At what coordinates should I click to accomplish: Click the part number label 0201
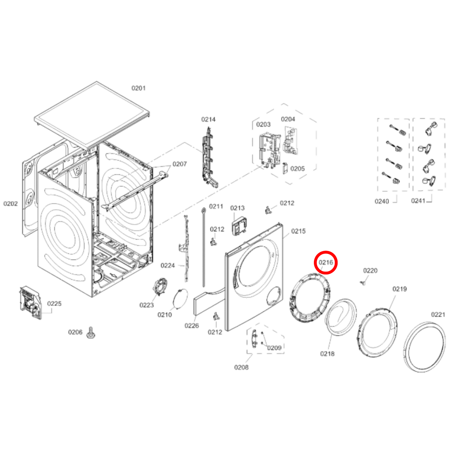[138, 88]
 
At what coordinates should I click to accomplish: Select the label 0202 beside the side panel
[10, 204]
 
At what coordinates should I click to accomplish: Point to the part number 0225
[54, 304]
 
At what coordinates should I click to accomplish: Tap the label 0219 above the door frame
[399, 289]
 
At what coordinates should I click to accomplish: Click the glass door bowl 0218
[341, 317]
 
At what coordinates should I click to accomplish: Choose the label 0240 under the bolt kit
[382, 201]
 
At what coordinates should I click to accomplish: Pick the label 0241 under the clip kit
[418, 201]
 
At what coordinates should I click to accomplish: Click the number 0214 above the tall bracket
[208, 119]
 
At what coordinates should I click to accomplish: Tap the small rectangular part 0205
[285, 168]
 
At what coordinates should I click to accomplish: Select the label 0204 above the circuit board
[288, 119]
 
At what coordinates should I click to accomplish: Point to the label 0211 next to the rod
[216, 206]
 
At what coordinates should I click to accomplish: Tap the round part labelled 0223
[160, 287]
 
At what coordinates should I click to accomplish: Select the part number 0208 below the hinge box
[241, 367]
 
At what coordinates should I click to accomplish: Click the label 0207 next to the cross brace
[179, 164]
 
